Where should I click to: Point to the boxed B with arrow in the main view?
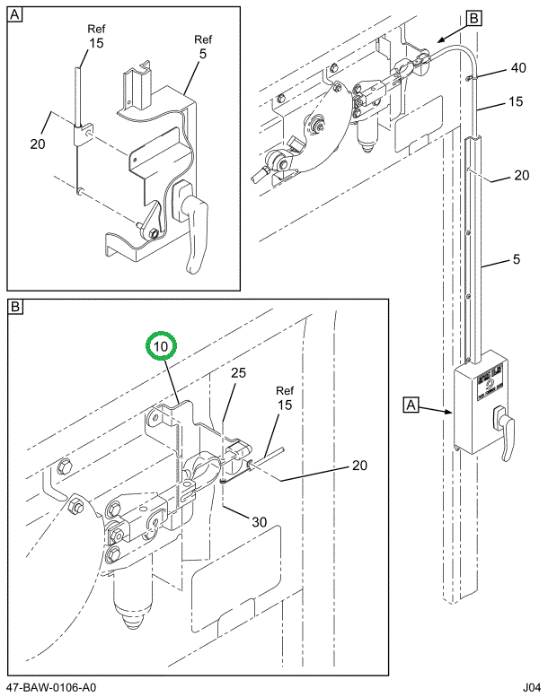[x=474, y=17]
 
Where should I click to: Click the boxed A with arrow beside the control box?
[x=411, y=406]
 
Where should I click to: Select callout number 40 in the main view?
[x=518, y=68]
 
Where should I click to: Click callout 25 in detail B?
[x=237, y=372]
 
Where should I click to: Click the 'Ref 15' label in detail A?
[x=96, y=36]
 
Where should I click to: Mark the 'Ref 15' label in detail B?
[x=285, y=397]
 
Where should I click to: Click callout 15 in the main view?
[x=516, y=102]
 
